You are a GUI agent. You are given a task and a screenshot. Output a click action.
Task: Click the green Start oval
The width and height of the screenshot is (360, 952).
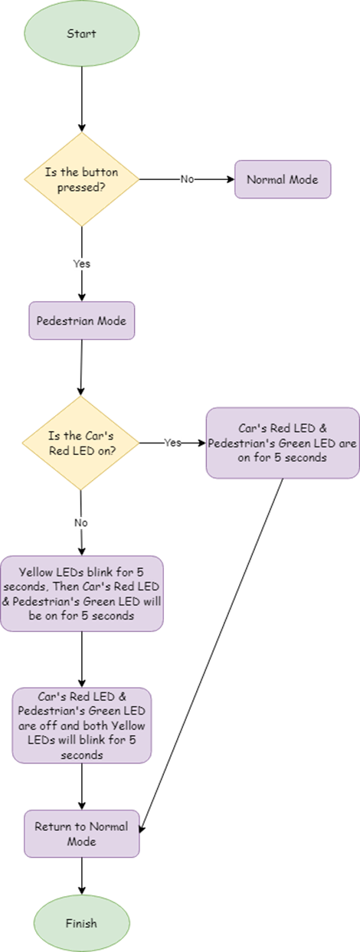click(x=81, y=34)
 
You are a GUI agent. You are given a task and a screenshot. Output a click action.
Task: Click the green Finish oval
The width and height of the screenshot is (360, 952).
click(x=81, y=924)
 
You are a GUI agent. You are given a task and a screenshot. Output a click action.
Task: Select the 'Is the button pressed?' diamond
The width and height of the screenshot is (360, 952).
click(x=81, y=178)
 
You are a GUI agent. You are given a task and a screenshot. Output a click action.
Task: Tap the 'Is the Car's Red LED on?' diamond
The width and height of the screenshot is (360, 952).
click(x=81, y=443)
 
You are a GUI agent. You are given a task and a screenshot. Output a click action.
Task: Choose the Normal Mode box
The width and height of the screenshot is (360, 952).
click(x=283, y=179)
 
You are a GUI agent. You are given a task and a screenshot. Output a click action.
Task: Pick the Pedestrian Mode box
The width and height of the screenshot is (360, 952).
click(x=81, y=321)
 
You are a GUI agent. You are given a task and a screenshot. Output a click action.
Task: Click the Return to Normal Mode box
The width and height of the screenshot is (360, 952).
click(x=81, y=834)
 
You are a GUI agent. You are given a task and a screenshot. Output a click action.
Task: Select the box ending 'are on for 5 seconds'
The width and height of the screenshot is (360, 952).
click(x=282, y=443)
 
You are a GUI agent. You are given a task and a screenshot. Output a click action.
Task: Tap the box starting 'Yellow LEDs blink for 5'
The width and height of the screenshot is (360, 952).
click(x=81, y=594)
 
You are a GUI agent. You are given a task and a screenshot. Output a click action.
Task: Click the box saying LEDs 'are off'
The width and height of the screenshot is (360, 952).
click(x=81, y=725)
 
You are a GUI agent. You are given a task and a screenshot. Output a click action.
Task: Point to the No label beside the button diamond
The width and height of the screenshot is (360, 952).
click(x=187, y=179)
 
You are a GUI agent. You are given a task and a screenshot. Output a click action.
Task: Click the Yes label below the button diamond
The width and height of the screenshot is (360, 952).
click(x=81, y=263)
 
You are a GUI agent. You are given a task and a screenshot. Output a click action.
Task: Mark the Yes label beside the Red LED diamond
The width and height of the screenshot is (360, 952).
click(x=172, y=443)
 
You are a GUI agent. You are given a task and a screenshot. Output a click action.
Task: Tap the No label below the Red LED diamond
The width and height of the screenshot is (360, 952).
click(x=81, y=523)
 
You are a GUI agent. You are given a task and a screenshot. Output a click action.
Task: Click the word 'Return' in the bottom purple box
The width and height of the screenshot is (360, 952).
click(x=52, y=827)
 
